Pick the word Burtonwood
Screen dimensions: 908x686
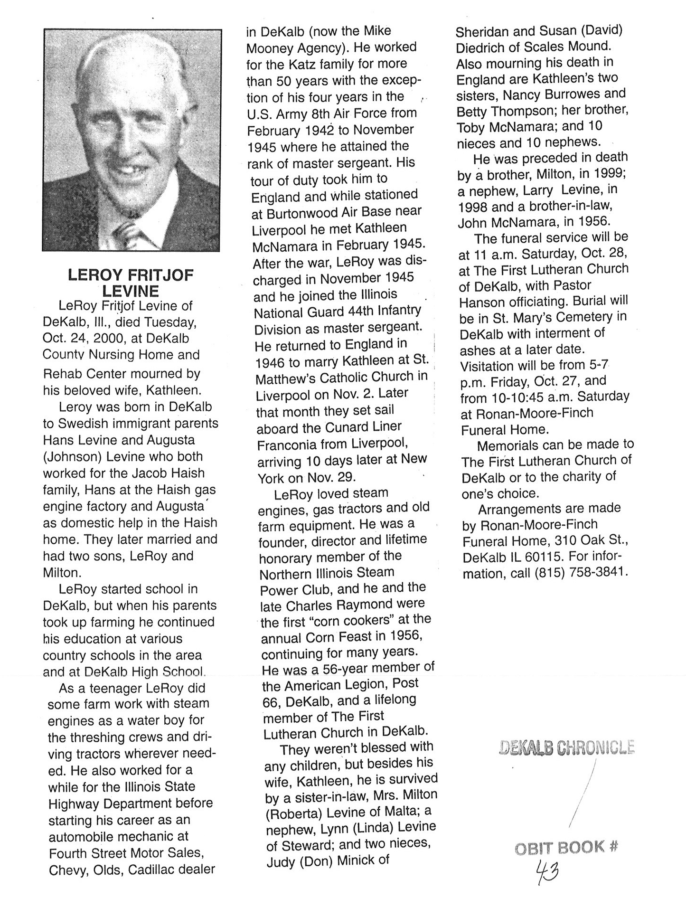pyautogui.click(x=300, y=213)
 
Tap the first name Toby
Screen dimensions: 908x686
pyautogui.click(x=471, y=127)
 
